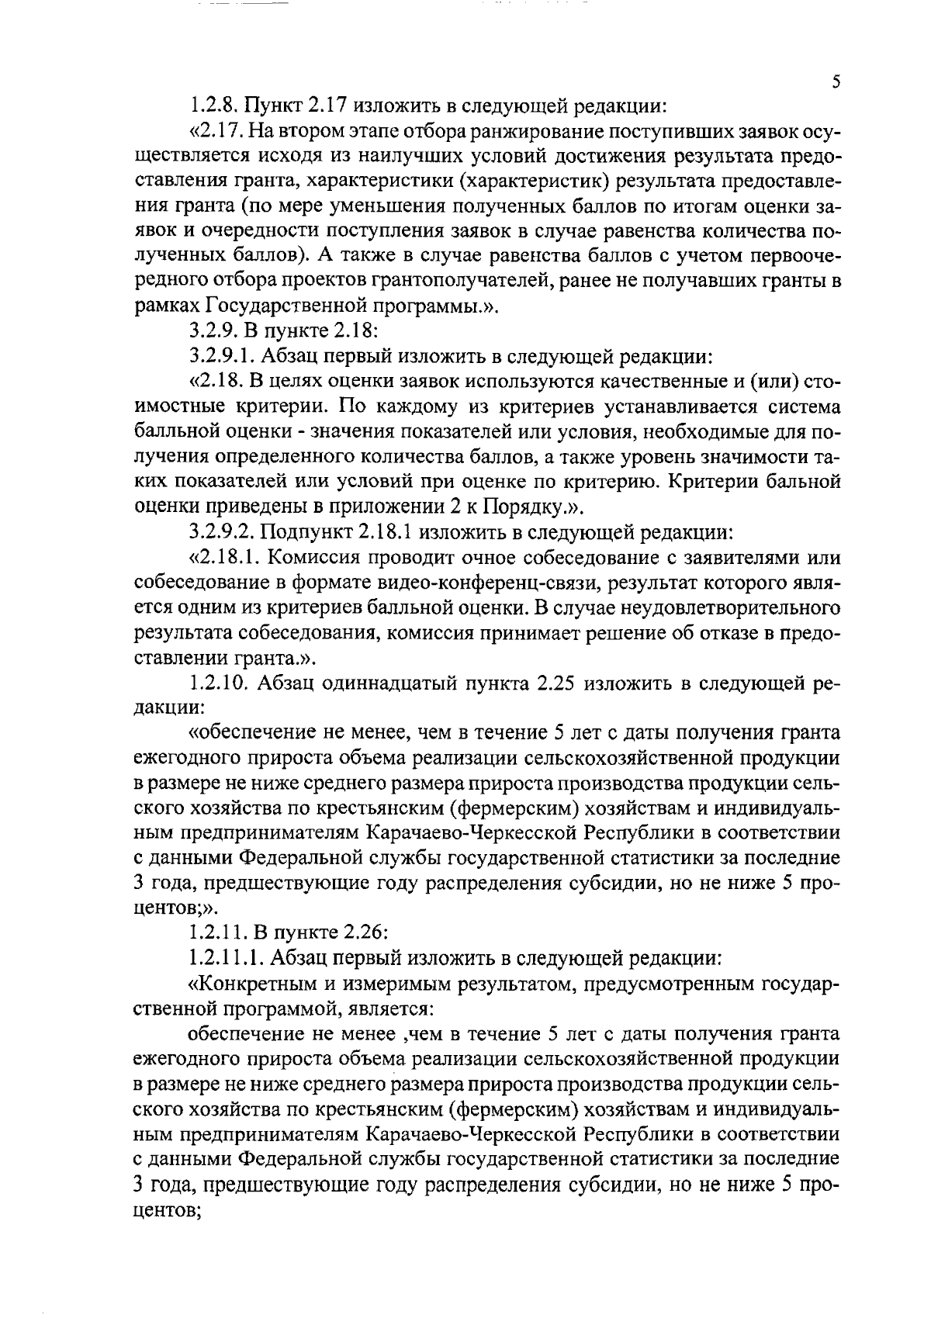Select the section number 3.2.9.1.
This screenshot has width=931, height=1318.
point(223,356)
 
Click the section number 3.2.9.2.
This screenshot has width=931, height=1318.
point(223,533)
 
